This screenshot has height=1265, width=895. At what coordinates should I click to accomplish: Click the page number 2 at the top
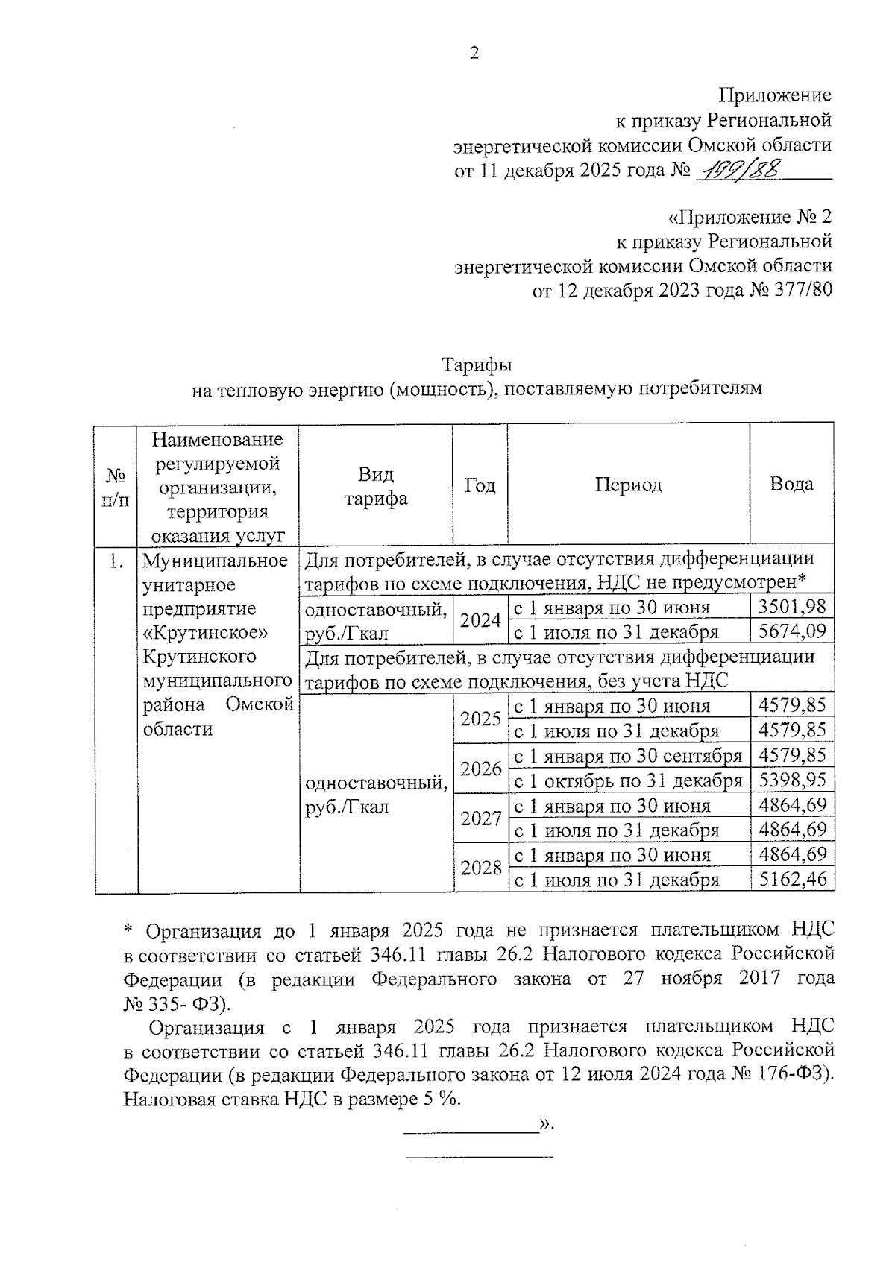click(474, 53)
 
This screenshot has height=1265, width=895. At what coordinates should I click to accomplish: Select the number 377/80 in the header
click(805, 291)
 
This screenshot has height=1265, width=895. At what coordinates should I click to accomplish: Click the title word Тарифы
click(477, 366)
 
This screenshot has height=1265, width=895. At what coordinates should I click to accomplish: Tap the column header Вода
click(791, 485)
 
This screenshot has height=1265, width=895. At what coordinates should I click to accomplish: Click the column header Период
click(628, 485)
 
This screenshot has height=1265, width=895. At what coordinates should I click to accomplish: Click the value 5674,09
click(791, 632)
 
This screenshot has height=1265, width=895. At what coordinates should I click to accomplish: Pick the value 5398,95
click(791, 780)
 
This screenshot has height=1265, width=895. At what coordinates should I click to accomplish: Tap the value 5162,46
click(791, 880)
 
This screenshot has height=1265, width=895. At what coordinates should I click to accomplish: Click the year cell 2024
click(480, 620)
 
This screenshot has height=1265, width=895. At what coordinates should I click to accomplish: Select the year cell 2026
click(480, 769)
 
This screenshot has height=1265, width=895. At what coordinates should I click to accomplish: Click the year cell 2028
click(480, 868)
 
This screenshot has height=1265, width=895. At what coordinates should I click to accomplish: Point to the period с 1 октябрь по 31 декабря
click(628, 781)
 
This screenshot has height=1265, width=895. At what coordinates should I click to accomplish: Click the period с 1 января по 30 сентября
click(628, 757)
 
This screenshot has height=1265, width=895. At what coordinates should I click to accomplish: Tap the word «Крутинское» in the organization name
click(204, 633)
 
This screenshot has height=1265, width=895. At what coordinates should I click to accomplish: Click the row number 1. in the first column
click(116, 561)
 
